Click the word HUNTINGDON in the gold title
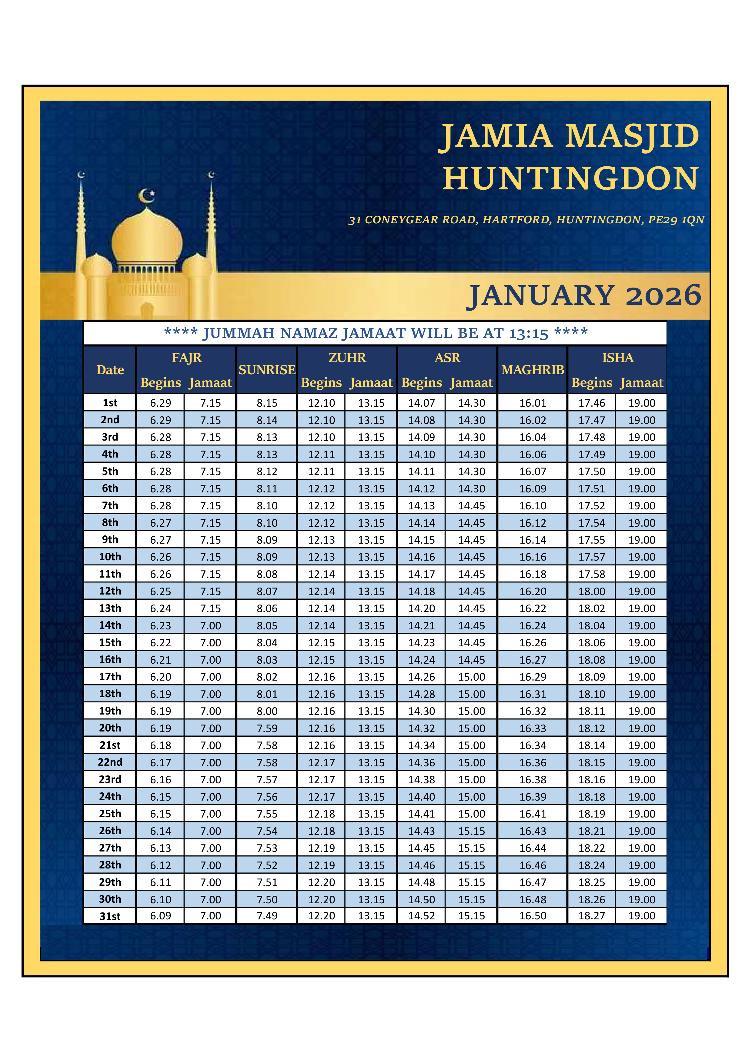pos(570,179)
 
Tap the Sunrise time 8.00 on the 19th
pos(267,711)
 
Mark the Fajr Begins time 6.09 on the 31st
pos(160,916)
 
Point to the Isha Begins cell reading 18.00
pos(591,591)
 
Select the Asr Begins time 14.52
pos(421,916)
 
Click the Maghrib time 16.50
pos(533,916)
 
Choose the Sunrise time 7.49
pos(267,916)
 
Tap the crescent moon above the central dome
pos(147,196)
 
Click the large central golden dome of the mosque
pos(147,238)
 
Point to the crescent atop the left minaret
pos(81,175)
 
